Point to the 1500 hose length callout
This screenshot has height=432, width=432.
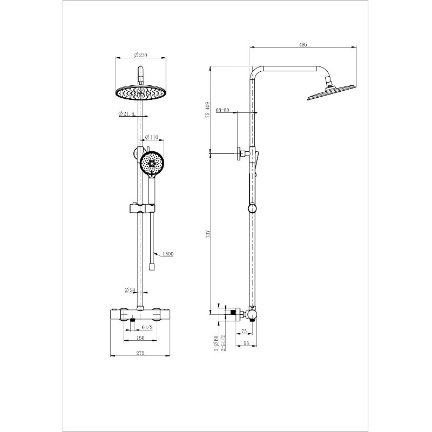click(x=167, y=253)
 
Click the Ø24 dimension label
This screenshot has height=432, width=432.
click(x=130, y=290)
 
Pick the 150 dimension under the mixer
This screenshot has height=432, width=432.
click(x=140, y=339)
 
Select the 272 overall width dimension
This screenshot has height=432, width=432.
click(x=140, y=354)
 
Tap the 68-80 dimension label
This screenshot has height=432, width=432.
click(x=222, y=110)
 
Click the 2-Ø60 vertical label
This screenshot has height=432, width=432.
click(x=215, y=343)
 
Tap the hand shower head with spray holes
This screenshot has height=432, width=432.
click(x=151, y=162)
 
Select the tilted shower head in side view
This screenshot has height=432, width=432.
click(x=332, y=91)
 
